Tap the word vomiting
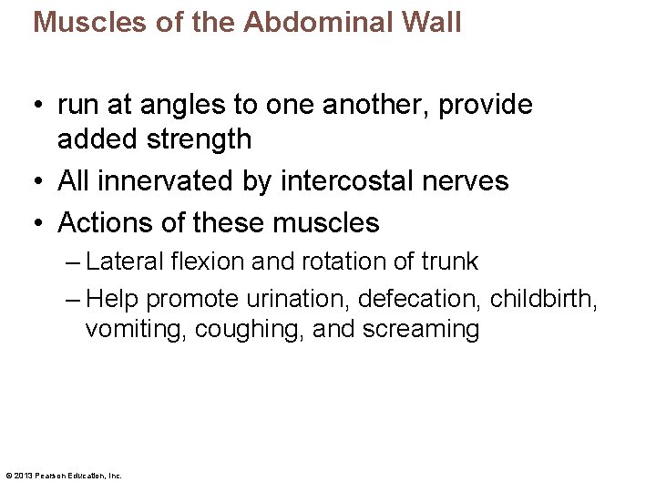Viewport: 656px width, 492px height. coord(136,329)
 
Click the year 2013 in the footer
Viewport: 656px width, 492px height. coord(24,475)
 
